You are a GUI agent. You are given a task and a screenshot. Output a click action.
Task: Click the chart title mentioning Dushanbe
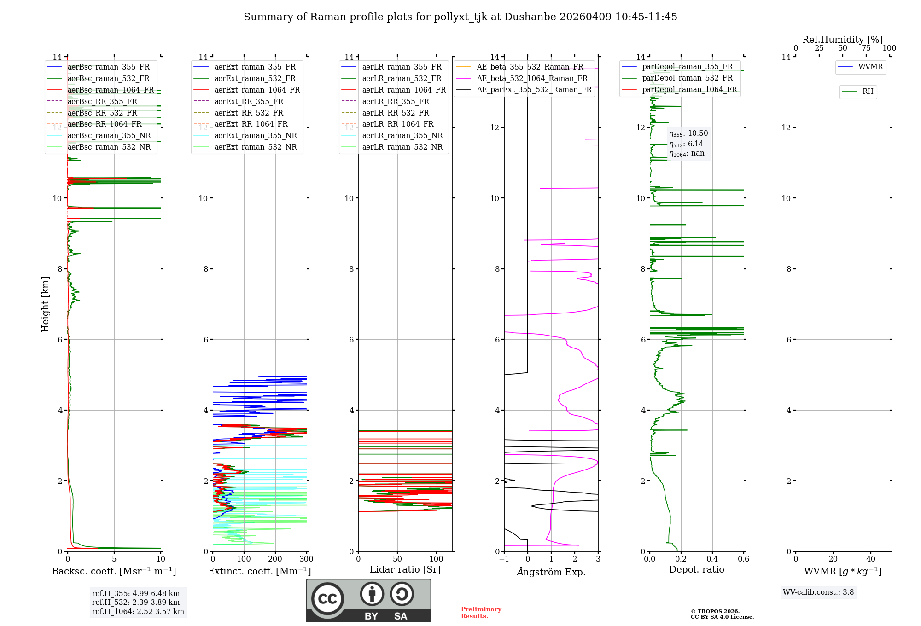click(460, 17)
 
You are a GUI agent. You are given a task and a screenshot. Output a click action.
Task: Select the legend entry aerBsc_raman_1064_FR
click(111, 90)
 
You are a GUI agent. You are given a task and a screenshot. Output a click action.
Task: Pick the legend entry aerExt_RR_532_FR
click(249, 113)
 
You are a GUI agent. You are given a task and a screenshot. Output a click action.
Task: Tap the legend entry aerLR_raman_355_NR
click(402, 135)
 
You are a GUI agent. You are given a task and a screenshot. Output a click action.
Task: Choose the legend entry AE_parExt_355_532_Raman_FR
click(534, 89)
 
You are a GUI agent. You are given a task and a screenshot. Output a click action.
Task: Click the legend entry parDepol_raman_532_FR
click(687, 78)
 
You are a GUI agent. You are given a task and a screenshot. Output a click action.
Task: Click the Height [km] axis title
click(45, 304)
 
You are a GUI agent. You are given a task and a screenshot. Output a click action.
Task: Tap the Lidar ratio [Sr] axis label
click(405, 569)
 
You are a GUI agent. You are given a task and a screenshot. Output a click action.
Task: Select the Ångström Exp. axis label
click(551, 572)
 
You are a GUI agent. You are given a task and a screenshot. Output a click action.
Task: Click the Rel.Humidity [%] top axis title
click(842, 40)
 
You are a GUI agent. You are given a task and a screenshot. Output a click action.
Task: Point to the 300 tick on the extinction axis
click(306, 559)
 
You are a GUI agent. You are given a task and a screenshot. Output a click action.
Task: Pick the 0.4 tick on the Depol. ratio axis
click(712, 559)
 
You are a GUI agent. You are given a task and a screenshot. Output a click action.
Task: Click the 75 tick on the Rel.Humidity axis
click(866, 48)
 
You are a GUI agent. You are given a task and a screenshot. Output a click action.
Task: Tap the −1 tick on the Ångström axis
click(504, 559)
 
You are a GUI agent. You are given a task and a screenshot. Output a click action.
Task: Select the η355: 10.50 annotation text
click(688, 133)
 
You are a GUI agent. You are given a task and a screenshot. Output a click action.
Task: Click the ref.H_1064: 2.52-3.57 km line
click(138, 611)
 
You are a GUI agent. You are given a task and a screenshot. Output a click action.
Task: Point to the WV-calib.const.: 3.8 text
click(818, 592)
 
